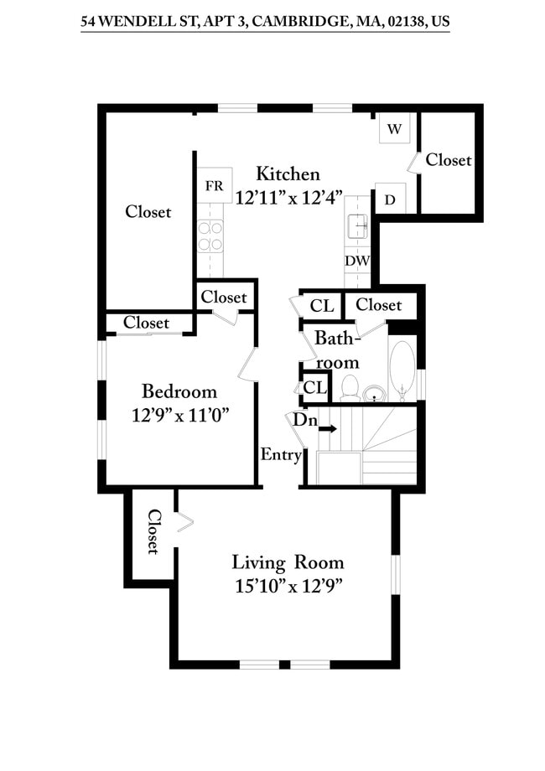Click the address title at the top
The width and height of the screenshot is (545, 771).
pos(265,23)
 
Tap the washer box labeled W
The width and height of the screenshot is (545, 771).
pos(394,129)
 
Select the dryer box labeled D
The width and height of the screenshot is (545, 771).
pos(390,199)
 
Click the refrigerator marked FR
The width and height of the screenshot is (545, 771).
pos(214,186)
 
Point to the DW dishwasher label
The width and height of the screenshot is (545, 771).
pos(356,261)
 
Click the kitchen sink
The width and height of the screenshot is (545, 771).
pos(357,225)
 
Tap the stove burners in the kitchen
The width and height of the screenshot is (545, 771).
pos(211,235)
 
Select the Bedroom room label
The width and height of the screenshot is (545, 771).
pos(179,391)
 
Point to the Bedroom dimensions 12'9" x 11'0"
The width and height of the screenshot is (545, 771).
pos(180,414)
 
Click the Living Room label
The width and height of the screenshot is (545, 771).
pos(288,562)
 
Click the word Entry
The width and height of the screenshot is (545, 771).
pos(281,455)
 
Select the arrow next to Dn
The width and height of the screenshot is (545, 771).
pos(328,429)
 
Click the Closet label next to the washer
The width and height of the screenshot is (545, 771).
pos(449,159)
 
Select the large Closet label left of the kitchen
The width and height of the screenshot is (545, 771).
pos(148,212)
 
